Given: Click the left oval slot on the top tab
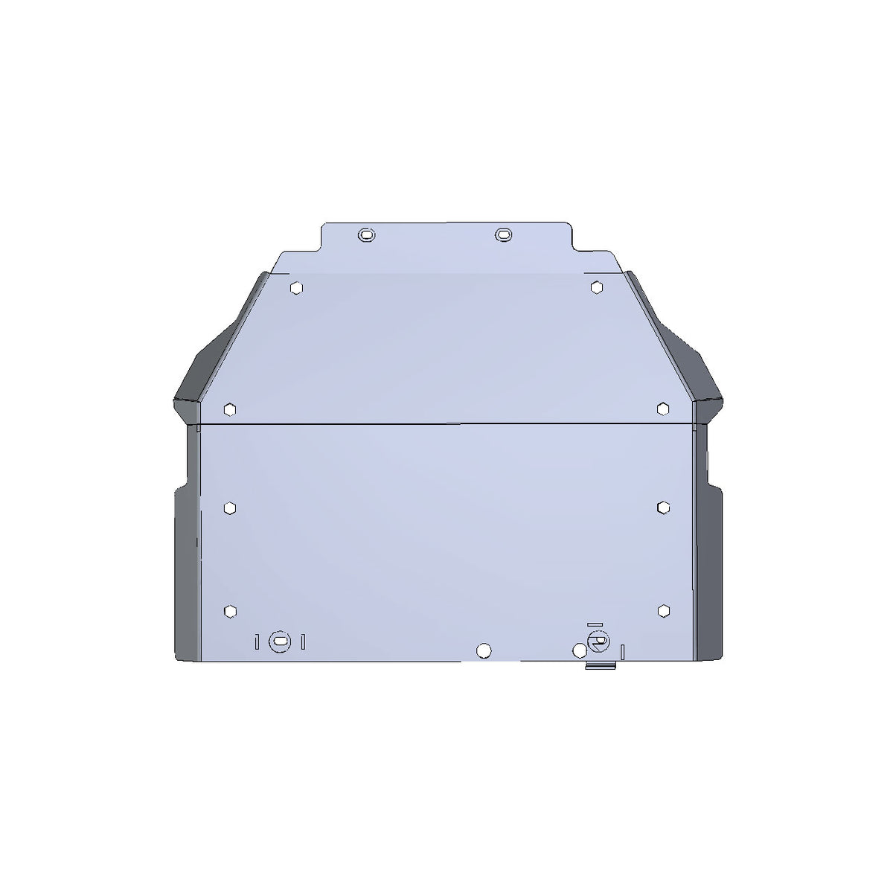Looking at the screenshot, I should (x=366, y=234).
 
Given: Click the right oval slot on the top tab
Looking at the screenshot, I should (x=503, y=234).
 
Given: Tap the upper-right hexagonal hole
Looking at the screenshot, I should (x=596, y=287).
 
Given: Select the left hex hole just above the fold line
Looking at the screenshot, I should (x=230, y=409).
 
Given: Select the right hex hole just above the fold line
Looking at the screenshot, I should (x=663, y=408).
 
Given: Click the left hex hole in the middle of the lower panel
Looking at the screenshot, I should (x=230, y=507).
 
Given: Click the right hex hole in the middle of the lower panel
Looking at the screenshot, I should (x=663, y=507).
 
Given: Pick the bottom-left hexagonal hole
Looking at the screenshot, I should (x=230, y=610).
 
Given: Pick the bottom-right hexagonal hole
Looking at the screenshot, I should (x=663, y=610).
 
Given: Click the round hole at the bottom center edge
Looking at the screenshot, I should (x=484, y=650).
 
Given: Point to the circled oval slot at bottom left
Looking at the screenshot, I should (x=280, y=640).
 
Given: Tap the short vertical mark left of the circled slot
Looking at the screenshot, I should (x=257, y=641).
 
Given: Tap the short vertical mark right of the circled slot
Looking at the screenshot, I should (x=303, y=641).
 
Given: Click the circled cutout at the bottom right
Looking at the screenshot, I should (x=596, y=641).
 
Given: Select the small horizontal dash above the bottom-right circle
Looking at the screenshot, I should (x=593, y=624).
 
